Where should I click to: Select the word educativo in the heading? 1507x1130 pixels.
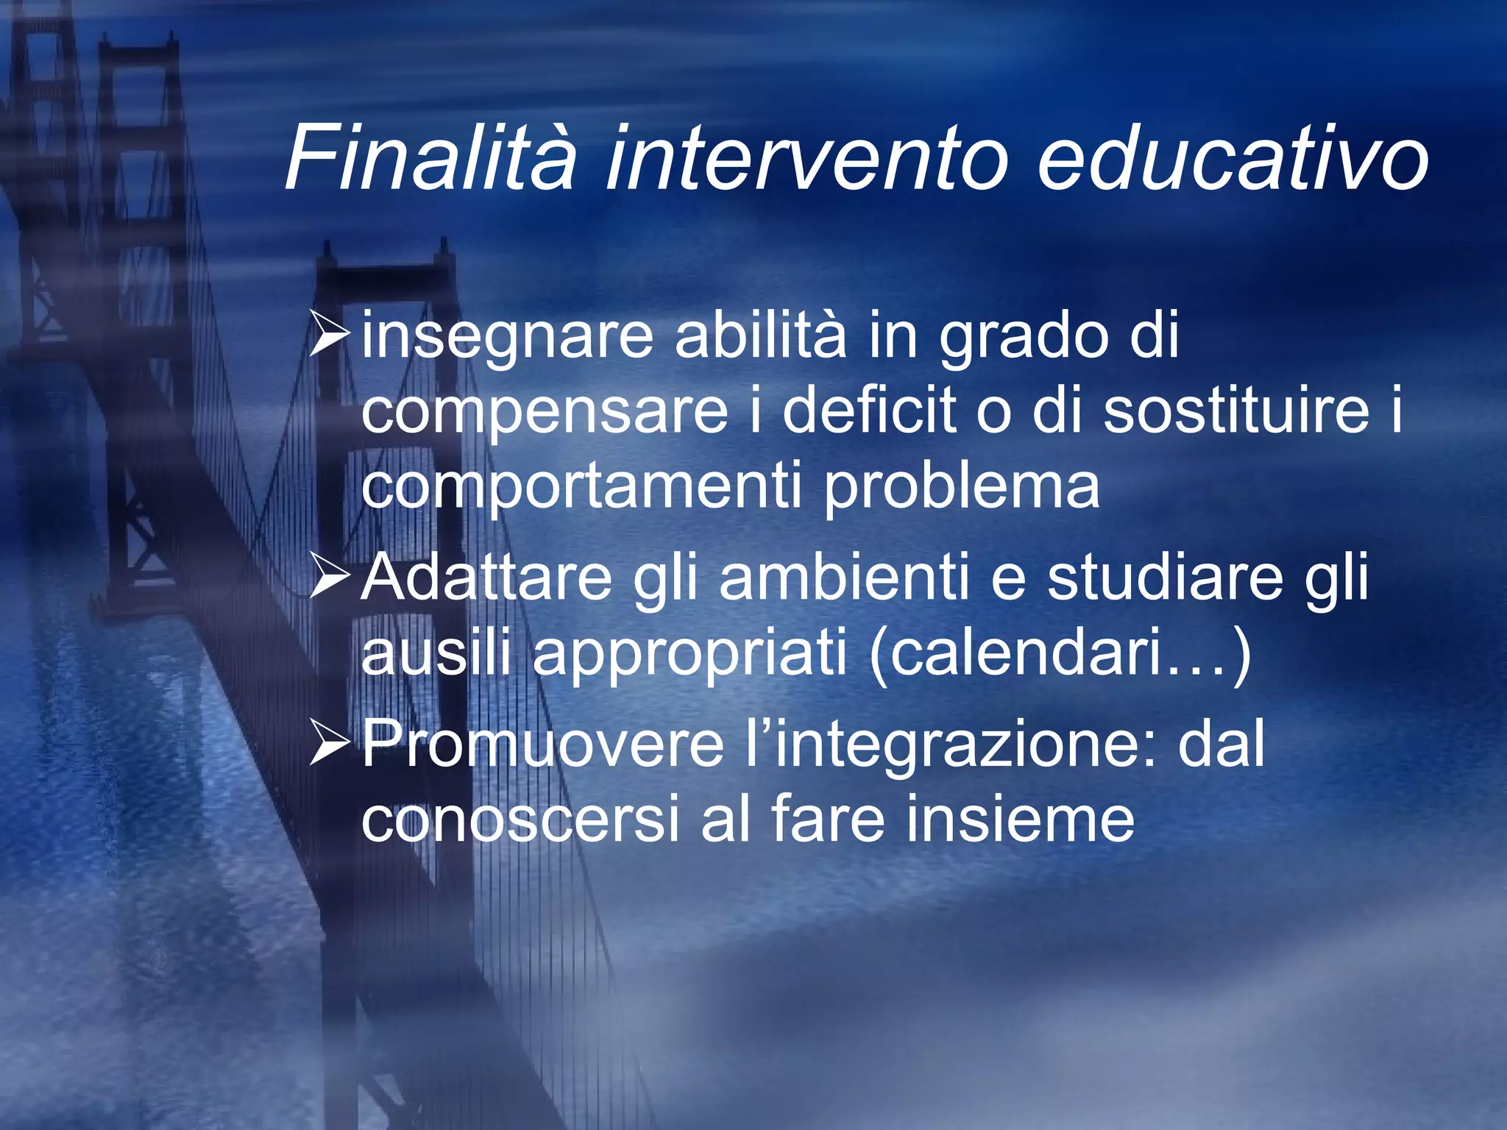coord(1232,157)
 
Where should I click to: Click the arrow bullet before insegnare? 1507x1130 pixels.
coord(329,335)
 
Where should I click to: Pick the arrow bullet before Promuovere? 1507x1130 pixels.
coord(329,744)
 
